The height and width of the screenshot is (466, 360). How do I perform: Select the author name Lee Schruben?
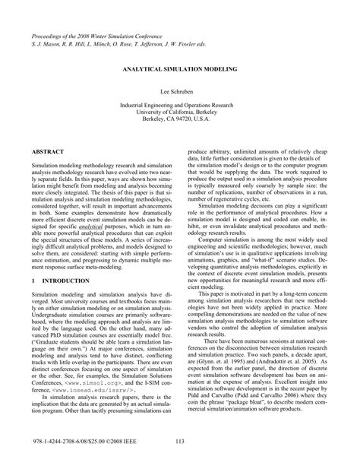[180, 90]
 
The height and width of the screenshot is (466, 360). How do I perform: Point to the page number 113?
[180, 443]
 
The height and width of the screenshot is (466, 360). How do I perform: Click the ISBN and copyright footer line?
[78, 443]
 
